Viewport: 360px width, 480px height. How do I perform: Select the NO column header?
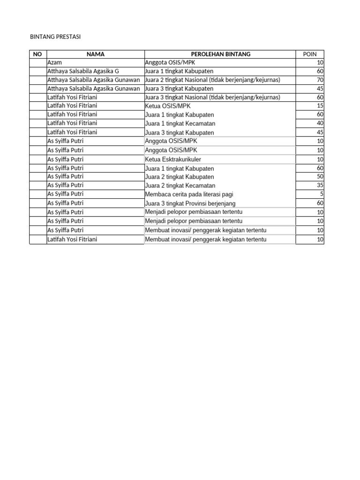tap(37, 54)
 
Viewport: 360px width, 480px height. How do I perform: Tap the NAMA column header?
tap(95, 54)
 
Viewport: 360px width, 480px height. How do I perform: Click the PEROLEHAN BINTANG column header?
tap(220, 54)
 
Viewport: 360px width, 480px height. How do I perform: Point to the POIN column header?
tap(309, 54)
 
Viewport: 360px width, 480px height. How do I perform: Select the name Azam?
tap(55, 62)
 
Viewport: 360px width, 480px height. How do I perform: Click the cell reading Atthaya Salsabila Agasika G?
tap(83, 71)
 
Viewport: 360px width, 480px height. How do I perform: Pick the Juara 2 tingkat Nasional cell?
tap(212, 80)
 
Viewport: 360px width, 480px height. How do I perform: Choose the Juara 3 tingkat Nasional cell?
tap(212, 97)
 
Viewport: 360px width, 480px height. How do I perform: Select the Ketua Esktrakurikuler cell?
tap(173, 159)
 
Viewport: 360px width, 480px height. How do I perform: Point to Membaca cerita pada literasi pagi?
tap(189, 194)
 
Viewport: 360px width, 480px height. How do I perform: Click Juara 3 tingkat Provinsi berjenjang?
tap(190, 203)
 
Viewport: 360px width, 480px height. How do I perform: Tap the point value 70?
tap(320, 80)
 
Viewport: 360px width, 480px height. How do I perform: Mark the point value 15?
tap(320, 106)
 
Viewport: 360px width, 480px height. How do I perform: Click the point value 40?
tap(320, 123)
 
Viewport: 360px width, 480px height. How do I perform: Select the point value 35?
tap(320, 185)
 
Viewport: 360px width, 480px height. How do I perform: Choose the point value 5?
tap(321, 194)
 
